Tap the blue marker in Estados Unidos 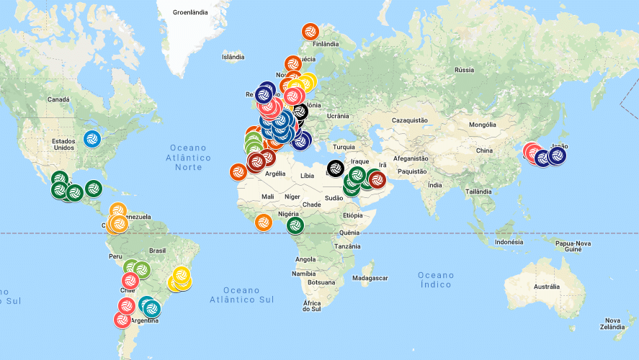click(x=91, y=138)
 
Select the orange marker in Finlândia click(x=310, y=32)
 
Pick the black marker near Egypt click(x=335, y=168)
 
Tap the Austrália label click(x=546, y=287)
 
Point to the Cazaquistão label click(x=409, y=120)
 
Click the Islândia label click(x=233, y=56)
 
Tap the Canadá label click(x=58, y=99)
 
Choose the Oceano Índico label click(x=437, y=279)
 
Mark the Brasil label click(x=157, y=251)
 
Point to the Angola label click(x=306, y=259)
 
